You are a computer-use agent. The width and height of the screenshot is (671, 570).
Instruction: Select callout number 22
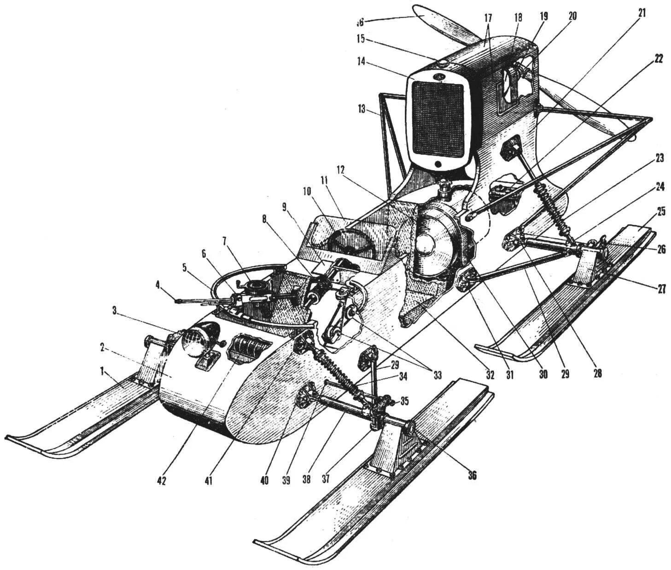(658, 59)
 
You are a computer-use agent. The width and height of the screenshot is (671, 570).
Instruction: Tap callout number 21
(642, 13)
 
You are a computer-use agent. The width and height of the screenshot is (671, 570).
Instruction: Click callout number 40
(264, 480)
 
